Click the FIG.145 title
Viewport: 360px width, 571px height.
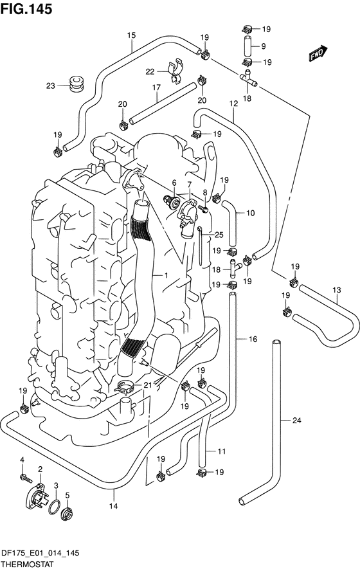(x=26, y=9)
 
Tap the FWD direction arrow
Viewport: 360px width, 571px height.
(x=318, y=53)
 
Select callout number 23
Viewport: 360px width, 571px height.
(x=50, y=86)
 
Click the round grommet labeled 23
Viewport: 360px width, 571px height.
(x=76, y=84)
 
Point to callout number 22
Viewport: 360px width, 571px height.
(x=150, y=72)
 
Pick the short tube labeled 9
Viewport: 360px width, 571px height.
(x=248, y=46)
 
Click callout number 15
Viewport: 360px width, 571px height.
(x=131, y=35)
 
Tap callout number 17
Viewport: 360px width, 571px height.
(x=156, y=87)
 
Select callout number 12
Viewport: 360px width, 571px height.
(x=233, y=104)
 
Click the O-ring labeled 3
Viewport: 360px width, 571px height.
(x=54, y=507)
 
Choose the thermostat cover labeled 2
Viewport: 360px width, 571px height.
(x=37, y=496)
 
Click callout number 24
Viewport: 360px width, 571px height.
(x=297, y=421)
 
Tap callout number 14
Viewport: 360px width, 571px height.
(x=114, y=506)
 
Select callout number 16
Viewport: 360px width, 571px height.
(x=253, y=340)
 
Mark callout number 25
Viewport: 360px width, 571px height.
(x=219, y=235)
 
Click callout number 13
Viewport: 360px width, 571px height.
(x=337, y=290)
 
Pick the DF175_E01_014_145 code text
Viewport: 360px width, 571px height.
(x=40, y=553)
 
